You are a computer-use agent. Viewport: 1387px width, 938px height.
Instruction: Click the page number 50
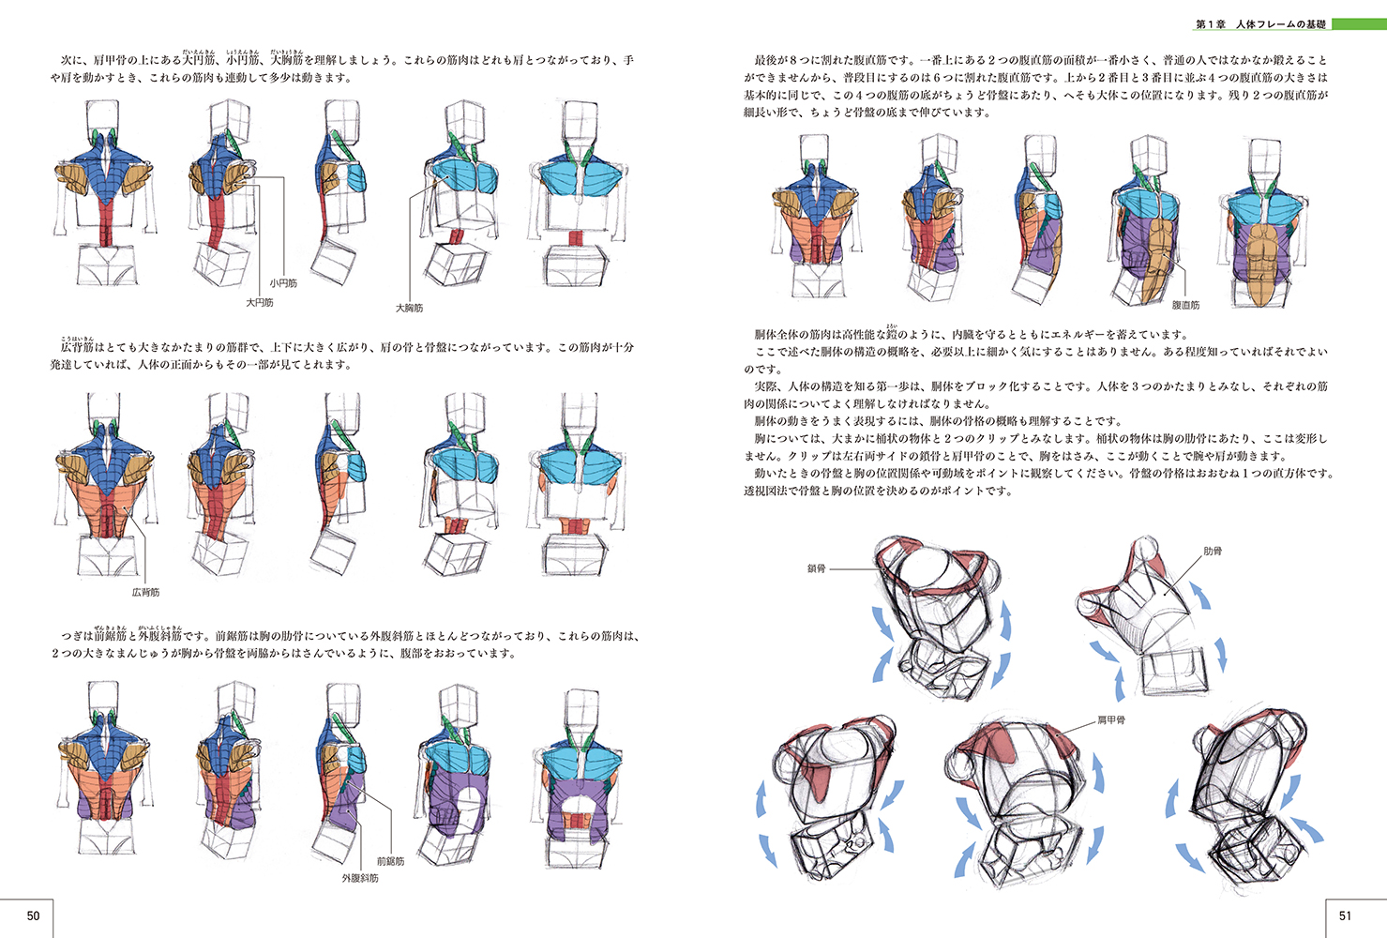click(33, 915)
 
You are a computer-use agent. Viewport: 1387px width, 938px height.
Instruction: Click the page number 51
click(1346, 915)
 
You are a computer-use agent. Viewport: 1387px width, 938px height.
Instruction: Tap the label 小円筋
click(283, 282)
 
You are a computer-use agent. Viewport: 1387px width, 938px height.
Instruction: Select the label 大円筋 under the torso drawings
click(260, 303)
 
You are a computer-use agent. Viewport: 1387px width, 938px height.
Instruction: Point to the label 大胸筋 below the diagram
click(409, 308)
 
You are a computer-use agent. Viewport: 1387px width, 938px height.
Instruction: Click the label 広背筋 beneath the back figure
click(145, 593)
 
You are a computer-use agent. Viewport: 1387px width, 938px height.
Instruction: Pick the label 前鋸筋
click(390, 861)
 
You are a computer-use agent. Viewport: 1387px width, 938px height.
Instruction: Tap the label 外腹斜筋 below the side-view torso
click(360, 879)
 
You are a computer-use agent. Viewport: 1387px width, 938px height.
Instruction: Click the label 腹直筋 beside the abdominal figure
click(1185, 306)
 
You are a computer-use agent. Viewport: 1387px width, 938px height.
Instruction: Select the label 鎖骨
click(816, 568)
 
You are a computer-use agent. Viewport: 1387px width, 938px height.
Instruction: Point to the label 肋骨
click(1213, 552)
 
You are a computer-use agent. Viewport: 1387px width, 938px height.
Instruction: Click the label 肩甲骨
click(1111, 720)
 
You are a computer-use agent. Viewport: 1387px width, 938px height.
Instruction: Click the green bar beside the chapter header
click(1358, 24)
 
